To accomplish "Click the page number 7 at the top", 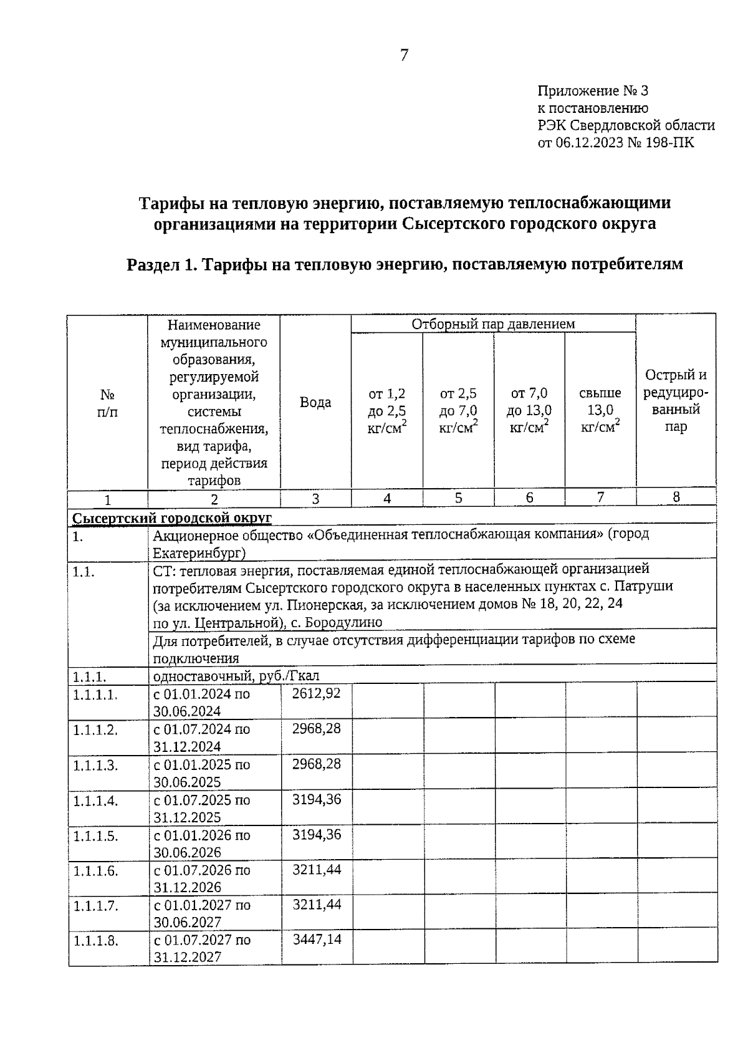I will (x=404, y=55).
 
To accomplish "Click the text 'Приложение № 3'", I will (x=593, y=91).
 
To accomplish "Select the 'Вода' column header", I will (x=315, y=402).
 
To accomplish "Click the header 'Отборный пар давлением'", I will (x=492, y=324).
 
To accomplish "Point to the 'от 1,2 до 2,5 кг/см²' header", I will (x=387, y=410).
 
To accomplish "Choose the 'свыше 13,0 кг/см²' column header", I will (x=600, y=410).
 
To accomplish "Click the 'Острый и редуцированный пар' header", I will (x=676, y=401).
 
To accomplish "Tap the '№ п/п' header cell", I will (x=107, y=403).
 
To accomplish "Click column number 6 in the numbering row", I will (x=529, y=498).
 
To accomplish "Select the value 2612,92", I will (x=316, y=693).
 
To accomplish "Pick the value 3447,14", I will (x=317, y=939).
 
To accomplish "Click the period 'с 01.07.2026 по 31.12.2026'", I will (x=202, y=878).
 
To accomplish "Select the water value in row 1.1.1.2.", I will (x=316, y=728).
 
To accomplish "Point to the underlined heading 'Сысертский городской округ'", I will (x=172, y=518).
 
